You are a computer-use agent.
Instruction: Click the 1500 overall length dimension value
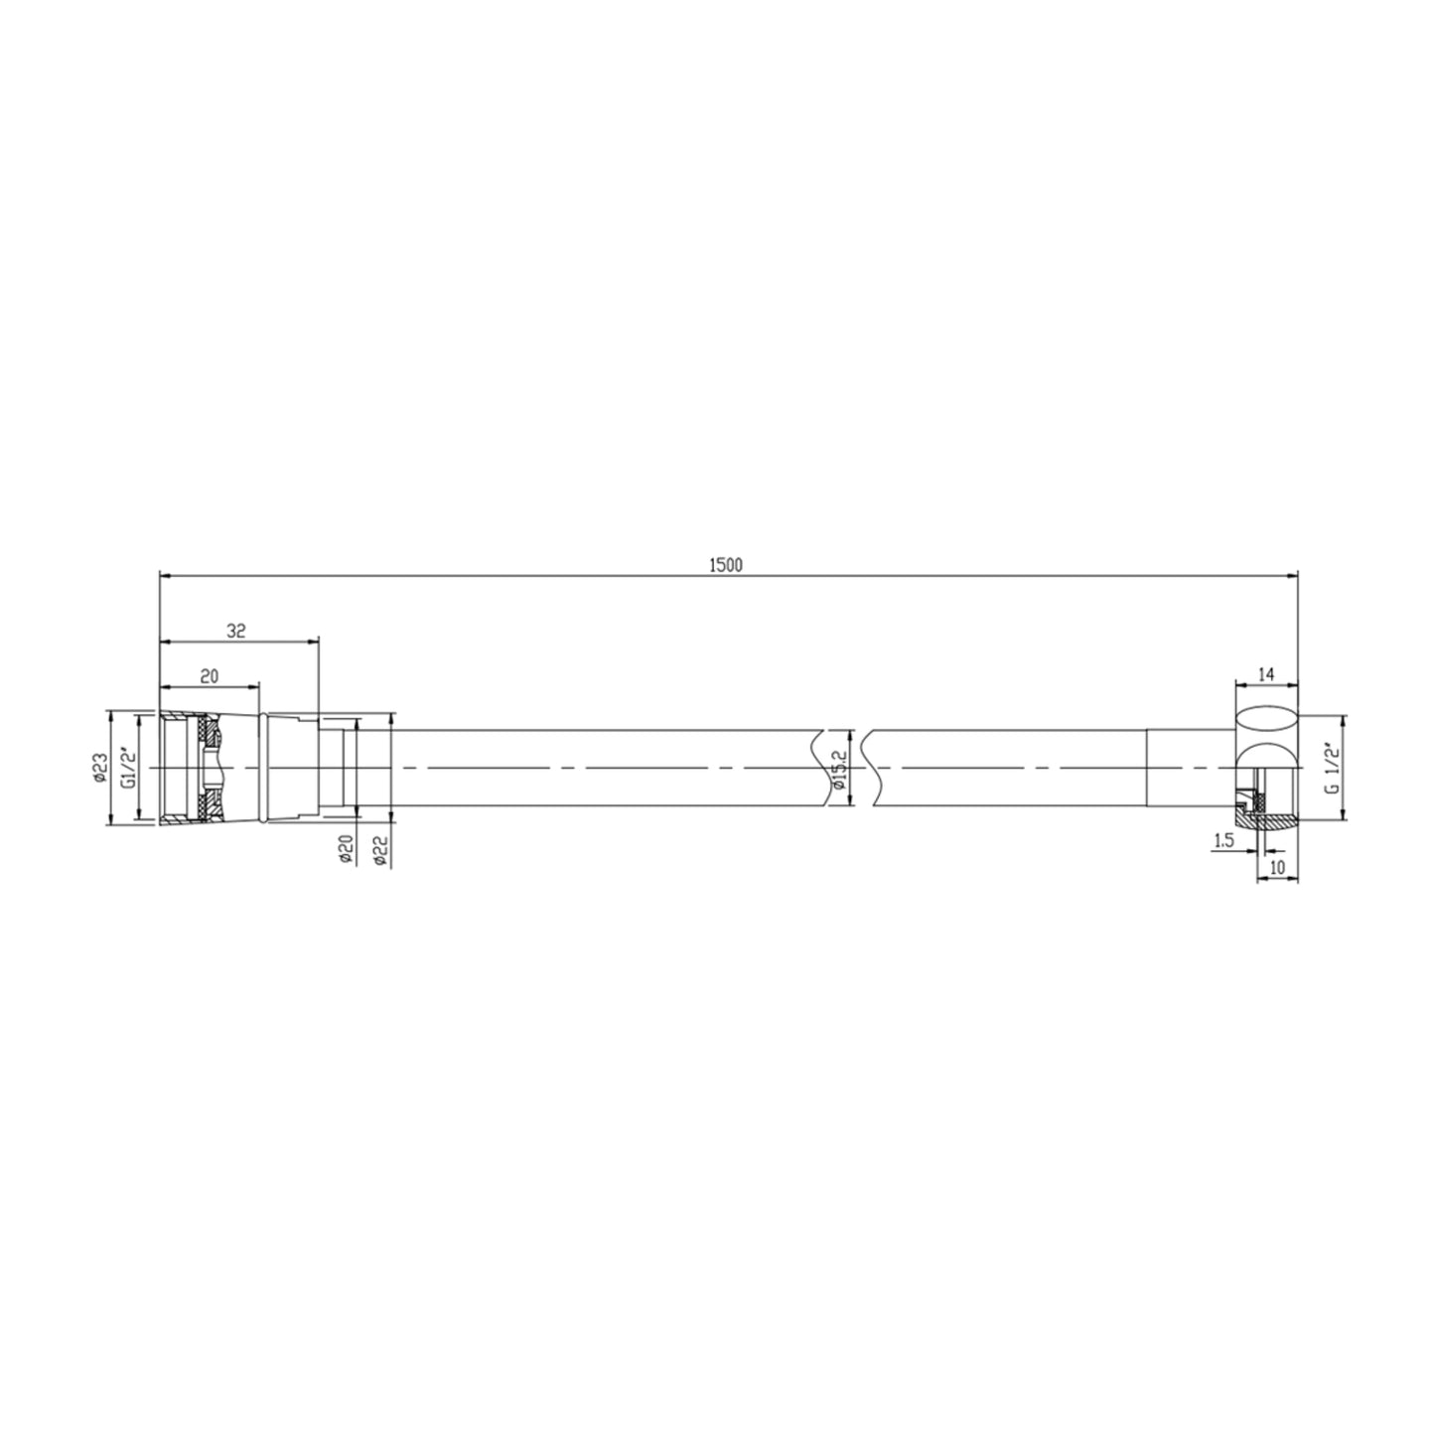click(726, 565)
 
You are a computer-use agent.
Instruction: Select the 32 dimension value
click(236, 631)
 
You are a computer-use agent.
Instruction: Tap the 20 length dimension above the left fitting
click(210, 677)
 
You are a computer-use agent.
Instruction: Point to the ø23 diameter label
click(99, 768)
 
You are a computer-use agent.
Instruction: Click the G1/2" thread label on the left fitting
click(127, 768)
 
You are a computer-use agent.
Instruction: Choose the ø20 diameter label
click(345, 849)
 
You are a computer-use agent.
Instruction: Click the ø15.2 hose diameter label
click(840, 770)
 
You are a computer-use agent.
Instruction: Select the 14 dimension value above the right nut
click(1265, 675)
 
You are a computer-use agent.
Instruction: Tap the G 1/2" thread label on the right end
click(1333, 768)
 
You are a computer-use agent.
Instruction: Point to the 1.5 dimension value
click(1222, 841)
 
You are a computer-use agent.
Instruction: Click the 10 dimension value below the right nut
click(1277, 867)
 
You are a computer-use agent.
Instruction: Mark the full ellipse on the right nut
click(1267, 721)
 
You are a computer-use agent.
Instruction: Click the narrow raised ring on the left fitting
click(261, 768)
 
